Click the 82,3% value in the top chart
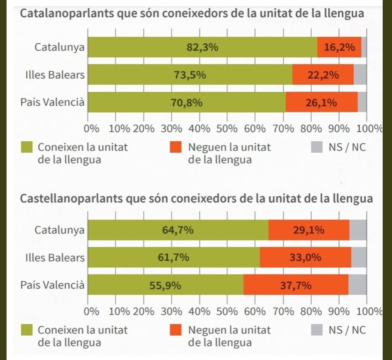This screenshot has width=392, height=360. click(x=202, y=47)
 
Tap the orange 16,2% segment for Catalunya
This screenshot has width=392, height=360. click(x=339, y=47)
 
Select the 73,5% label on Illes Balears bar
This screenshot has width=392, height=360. click(x=190, y=75)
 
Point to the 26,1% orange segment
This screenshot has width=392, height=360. click(x=321, y=103)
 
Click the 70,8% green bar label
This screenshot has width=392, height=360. click(x=187, y=103)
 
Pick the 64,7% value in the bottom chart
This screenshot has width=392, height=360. click(x=178, y=230)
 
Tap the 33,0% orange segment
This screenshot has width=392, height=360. click(x=305, y=258)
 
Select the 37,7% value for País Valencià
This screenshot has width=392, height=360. click(x=296, y=285)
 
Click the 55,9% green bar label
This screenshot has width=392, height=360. click(x=165, y=285)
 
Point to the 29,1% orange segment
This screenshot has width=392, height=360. click(x=308, y=230)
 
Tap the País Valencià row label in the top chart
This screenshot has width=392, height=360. click(x=52, y=102)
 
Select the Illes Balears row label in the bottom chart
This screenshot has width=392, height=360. click(x=55, y=258)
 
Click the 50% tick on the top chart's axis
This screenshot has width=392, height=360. click(x=227, y=129)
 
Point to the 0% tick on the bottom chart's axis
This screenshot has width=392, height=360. click(x=91, y=311)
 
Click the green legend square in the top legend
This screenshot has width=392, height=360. click(x=27, y=147)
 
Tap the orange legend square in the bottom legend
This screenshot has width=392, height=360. click(x=176, y=330)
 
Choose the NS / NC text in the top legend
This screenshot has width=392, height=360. click(x=347, y=147)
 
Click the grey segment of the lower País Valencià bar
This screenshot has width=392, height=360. click(x=357, y=285)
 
